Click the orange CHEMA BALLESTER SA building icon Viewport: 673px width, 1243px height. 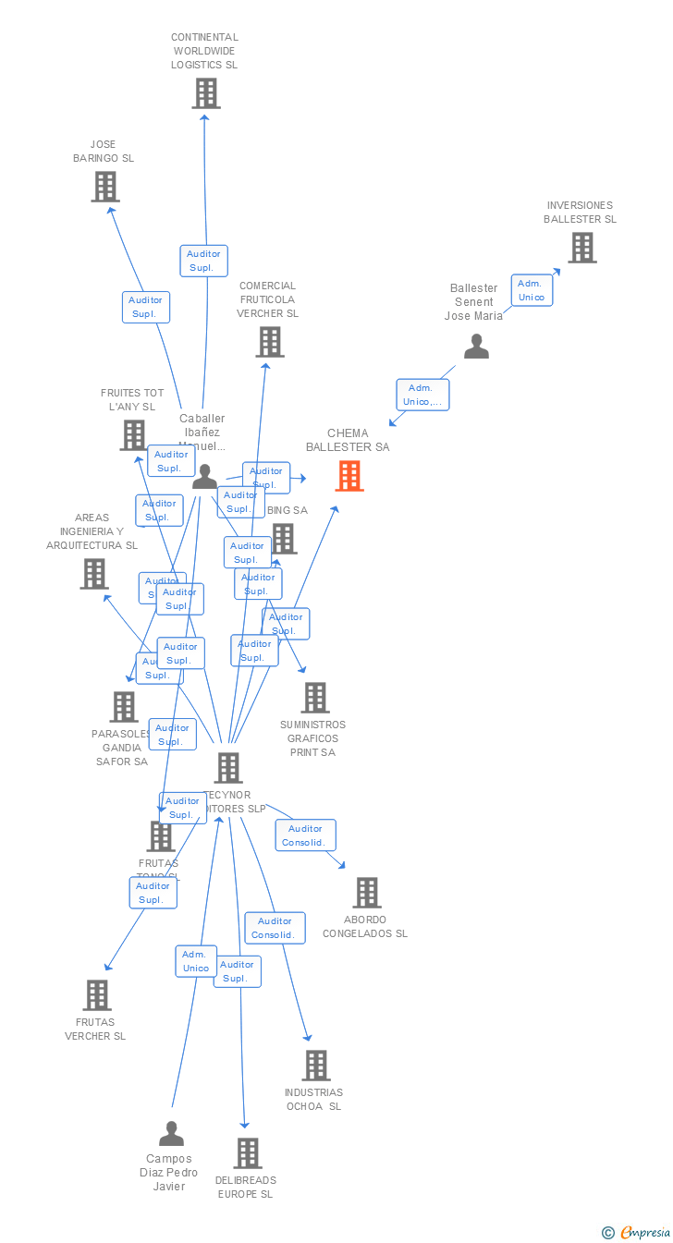(349, 476)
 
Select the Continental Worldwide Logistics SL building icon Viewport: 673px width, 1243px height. (205, 93)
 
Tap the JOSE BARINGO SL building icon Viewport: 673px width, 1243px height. (105, 187)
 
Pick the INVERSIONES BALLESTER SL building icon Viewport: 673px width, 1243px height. (581, 248)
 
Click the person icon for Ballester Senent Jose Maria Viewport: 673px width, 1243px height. (476, 347)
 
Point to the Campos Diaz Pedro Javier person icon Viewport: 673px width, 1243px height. (171, 1133)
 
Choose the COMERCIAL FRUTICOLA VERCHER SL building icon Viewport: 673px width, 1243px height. (269, 342)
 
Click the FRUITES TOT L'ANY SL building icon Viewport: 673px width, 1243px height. (134, 434)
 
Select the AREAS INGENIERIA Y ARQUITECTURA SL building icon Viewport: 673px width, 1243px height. (93, 574)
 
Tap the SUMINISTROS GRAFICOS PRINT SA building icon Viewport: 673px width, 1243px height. (314, 698)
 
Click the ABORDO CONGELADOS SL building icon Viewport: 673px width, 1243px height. (366, 893)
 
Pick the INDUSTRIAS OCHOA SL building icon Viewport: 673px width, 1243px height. (315, 1066)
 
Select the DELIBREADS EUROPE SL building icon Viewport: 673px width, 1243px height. (247, 1153)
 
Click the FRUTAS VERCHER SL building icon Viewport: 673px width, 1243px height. (97, 995)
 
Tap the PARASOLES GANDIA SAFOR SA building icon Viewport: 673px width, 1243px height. (123, 707)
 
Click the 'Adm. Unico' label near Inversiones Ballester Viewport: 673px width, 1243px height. (532, 290)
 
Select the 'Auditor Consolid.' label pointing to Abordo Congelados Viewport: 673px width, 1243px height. (305, 835)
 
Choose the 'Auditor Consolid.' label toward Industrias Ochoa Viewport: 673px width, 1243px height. (275, 928)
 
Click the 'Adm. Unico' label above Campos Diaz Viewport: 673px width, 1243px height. (196, 961)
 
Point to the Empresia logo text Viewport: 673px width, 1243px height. (644, 1232)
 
